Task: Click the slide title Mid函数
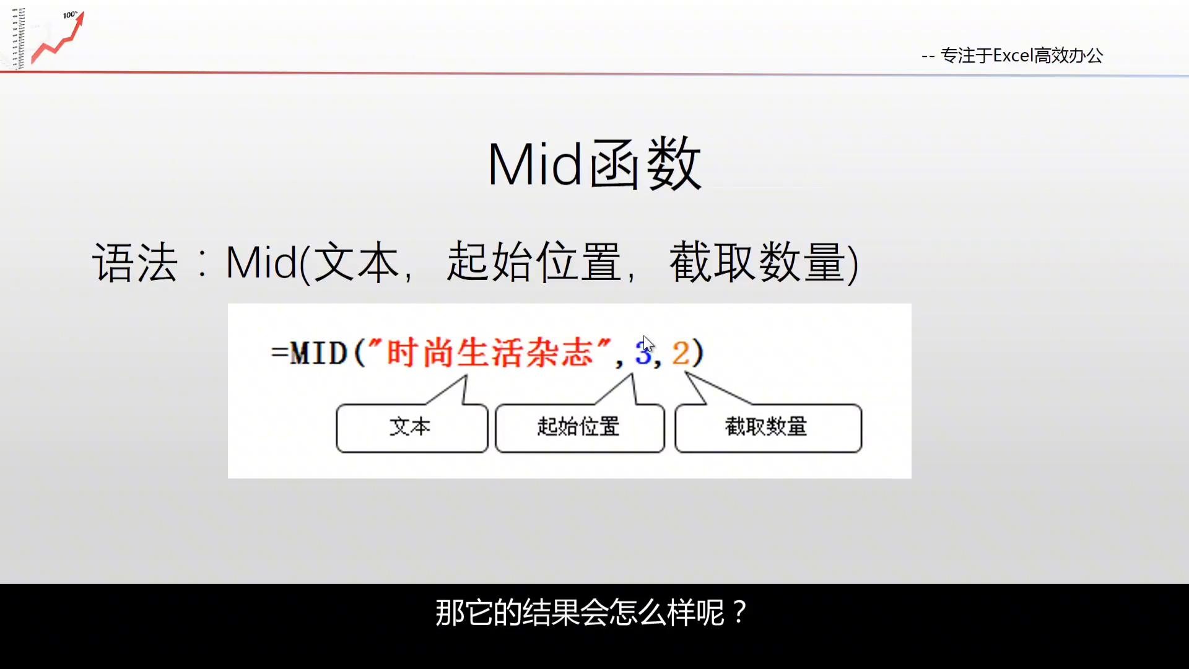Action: (x=594, y=164)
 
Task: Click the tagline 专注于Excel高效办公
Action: (x=1022, y=56)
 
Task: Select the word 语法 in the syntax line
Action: (x=135, y=263)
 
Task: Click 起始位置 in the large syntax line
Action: (x=534, y=263)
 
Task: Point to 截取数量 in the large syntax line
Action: (x=757, y=263)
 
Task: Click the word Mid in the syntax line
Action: (x=261, y=263)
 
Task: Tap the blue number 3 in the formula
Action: (x=643, y=353)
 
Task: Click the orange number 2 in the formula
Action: (x=680, y=353)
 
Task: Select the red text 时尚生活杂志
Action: (x=490, y=353)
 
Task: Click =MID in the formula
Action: (x=309, y=354)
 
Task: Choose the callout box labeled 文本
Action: (x=412, y=428)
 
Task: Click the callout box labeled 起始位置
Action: (x=580, y=428)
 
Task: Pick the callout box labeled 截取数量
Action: (x=768, y=428)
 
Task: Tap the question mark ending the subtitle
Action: (x=739, y=613)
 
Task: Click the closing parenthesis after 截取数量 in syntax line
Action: (x=852, y=264)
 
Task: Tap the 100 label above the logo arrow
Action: (x=69, y=15)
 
